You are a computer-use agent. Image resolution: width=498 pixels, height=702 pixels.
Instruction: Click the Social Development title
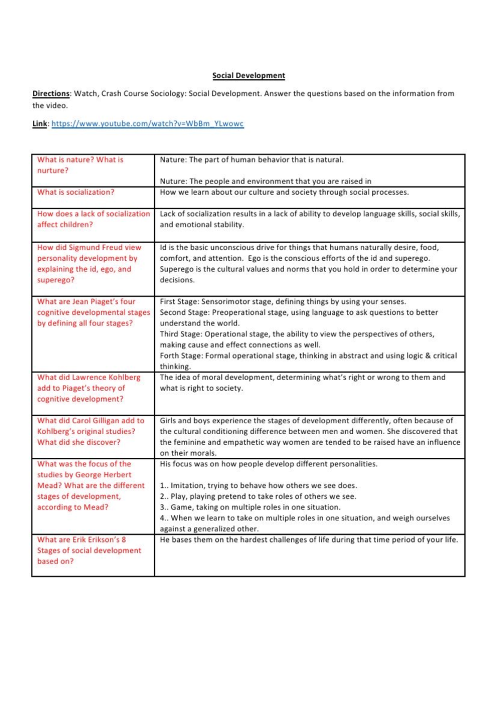[x=249, y=76]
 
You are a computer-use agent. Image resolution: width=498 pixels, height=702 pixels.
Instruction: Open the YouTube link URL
[x=147, y=124]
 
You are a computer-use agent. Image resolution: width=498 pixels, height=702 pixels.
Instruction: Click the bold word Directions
[x=51, y=93]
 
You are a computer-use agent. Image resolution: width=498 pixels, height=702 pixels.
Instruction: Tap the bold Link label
[x=39, y=124]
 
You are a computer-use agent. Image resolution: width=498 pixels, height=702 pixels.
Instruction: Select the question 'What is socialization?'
[x=76, y=192]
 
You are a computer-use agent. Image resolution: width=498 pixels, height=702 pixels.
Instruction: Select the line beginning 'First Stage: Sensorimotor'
[x=283, y=301]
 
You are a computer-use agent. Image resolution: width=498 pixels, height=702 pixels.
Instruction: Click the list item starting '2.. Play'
[x=258, y=496]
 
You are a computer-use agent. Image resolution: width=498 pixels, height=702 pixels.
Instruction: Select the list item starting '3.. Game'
[x=250, y=507]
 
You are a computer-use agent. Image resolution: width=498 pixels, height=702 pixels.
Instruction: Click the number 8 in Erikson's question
[x=123, y=540]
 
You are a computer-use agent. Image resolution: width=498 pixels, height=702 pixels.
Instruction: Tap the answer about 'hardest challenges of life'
[x=309, y=540]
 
